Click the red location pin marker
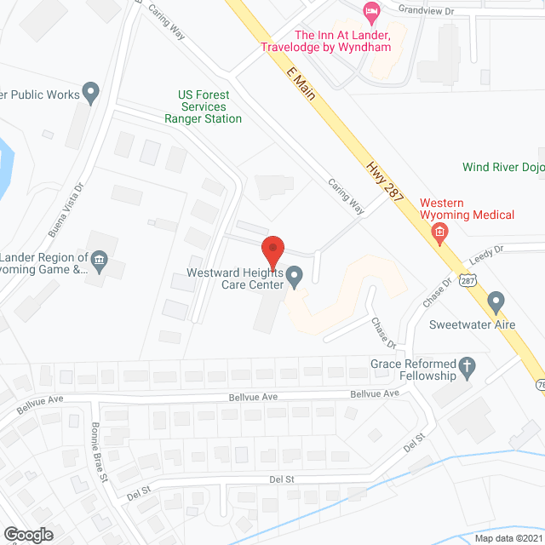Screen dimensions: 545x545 [x=272, y=252]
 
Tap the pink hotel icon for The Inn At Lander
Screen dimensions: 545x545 [x=370, y=11]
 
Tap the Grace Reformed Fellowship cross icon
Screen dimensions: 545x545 [x=467, y=367]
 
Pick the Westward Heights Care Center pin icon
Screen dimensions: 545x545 [x=295, y=275]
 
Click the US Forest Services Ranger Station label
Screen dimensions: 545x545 [x=204, y=106]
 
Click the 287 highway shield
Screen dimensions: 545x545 [x=468, y=280]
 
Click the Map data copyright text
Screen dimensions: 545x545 [x=508, y=538]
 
